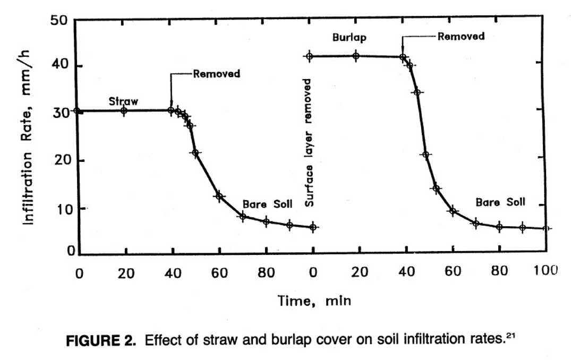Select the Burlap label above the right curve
pyautogui.click(x=349, y=38)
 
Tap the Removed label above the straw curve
pyautogui.click(x=216, y=74)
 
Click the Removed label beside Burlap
pyautogui.click(x=461, y=37)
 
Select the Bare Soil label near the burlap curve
pyautogui.click(x=500, y=202)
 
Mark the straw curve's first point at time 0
pyautogui.click(x=77, y=111)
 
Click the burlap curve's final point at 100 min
pyautogui.click(x=546, y=229)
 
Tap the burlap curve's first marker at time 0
pyautogui.click(x=309, y=56)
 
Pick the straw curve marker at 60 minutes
pyautogui.click(x=218, y=196)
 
